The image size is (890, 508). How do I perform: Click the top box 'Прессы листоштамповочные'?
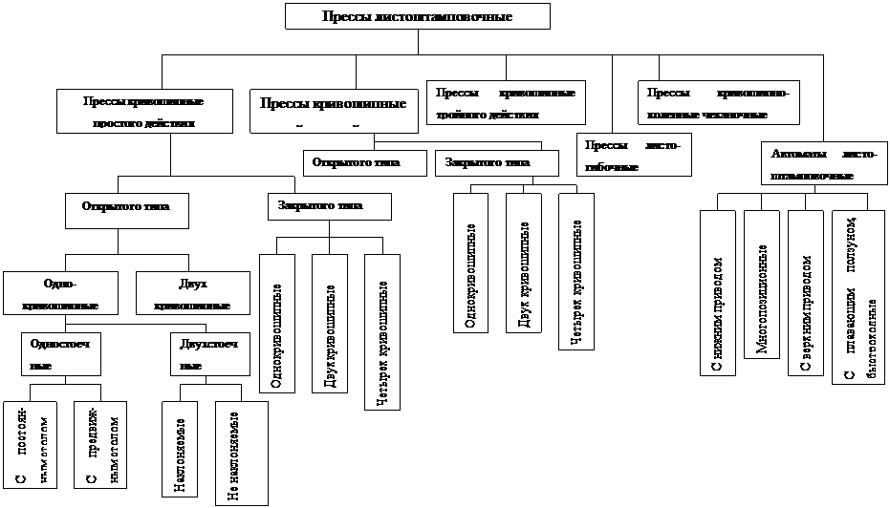point(417,17)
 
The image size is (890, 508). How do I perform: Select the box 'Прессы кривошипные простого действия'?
point(144,112)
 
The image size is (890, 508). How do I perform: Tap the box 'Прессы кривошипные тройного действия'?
point(506,102)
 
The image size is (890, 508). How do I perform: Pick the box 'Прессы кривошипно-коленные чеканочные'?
point(719,102)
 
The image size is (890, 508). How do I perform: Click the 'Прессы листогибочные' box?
point(635,156)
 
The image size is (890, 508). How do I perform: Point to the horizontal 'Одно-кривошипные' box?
point(61,294)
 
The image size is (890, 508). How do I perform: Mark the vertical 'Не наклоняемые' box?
point(242,454)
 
